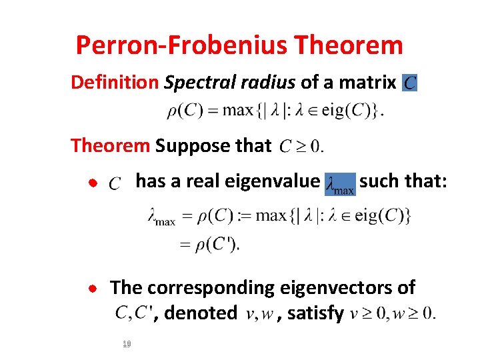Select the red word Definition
point(115,83)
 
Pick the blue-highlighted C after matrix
point(410,83)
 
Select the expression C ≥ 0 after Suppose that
point(301,146)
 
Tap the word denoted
point(200,312)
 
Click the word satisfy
point(315,312)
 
